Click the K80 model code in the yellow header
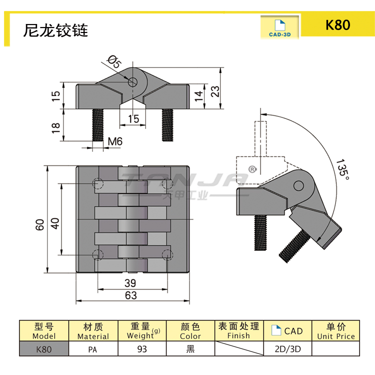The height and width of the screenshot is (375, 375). (x=338, y=25)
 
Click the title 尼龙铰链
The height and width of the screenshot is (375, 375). (x=55, y=30)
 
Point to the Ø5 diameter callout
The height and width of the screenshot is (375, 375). (x=113, y=62)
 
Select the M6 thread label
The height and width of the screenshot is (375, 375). (x=115, y=142)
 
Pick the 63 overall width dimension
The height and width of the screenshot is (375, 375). (x=130, y=295)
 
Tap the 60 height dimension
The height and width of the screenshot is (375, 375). (x=40, y=223)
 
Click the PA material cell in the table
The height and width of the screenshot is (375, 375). (x=93, y=349)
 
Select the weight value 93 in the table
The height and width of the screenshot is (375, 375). (x=141, y=349)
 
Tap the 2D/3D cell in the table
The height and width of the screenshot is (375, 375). (x=287, y=349)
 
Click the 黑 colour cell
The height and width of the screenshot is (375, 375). (x=190, y=349)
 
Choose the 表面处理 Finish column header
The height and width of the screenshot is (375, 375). (x=238, y=330)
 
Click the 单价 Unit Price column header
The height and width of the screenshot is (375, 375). (x=335, y=330)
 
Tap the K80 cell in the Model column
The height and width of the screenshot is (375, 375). (x=43, y=349)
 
